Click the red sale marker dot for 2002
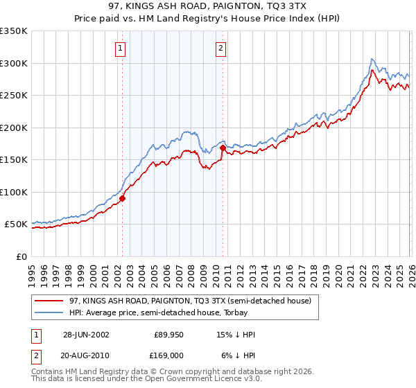coord(122,198)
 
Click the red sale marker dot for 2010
coord(223,148)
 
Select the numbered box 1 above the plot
coord(121,48)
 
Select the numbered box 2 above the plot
coord(220,48)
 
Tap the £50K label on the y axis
coord(16,224)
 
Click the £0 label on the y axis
coord(23,256)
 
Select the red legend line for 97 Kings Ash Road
coord(49,301)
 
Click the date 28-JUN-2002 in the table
coord(86,335)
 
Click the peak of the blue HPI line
coord(372,59)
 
